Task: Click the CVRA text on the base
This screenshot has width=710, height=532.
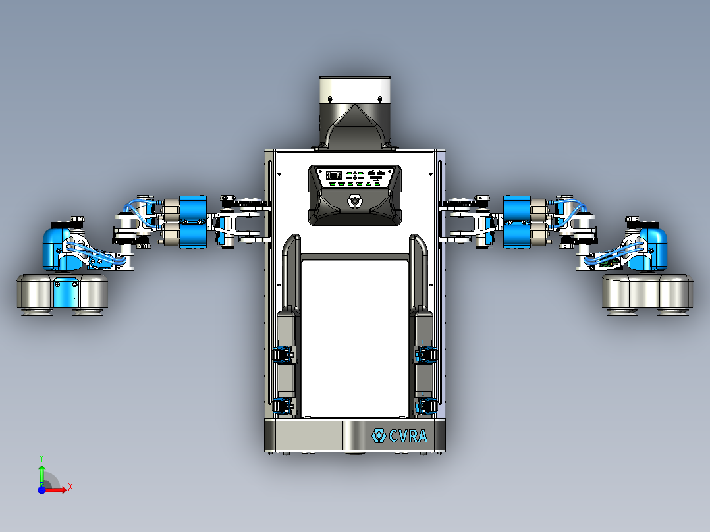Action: (408, 436)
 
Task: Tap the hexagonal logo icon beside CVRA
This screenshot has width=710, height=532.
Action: (379, 436)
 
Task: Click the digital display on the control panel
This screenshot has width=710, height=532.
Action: (333, 175)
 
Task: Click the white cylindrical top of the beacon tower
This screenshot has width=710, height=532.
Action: (355, 90)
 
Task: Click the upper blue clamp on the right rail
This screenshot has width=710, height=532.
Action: (426, 356)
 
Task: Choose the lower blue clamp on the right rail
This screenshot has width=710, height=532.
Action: (426, 407)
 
